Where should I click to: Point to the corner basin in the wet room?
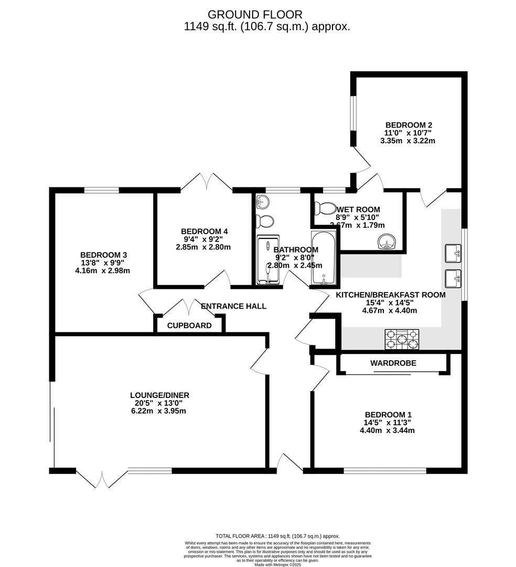[388, 241]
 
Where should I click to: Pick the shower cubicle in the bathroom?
[268, 259]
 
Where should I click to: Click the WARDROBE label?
[393, 363]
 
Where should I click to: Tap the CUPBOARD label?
[189, 325]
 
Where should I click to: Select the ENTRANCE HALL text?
[233, 306]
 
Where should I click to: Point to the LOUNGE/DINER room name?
[159, 395]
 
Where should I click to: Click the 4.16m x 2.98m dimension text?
[102, 271]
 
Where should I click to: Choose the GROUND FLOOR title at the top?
[255, 14]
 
